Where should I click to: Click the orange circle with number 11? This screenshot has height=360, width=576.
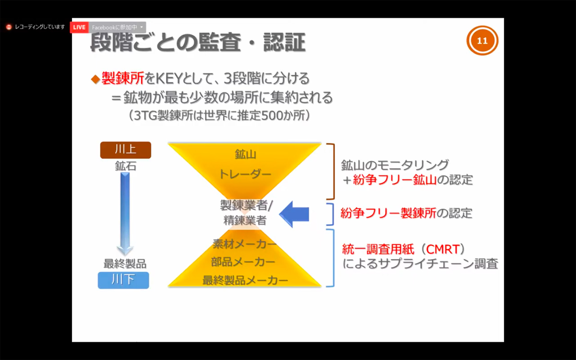[482, 40]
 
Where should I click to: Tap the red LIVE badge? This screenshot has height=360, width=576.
[79, 27]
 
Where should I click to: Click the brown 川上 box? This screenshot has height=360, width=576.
[125, 150]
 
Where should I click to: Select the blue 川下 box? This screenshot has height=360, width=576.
[123, 280]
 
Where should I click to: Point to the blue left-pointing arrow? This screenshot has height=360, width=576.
[294, 214]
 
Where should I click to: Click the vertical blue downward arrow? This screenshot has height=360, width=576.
[125, 214]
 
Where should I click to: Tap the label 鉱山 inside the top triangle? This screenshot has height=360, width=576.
[245, 154]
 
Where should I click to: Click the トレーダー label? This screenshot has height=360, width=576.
[245, 174]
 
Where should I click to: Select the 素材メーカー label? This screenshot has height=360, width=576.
[244, 244]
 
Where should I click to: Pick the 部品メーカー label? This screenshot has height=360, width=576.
[243, 262]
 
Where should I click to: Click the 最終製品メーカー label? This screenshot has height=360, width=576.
[245, 280]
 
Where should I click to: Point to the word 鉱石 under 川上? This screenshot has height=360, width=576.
[125, 166]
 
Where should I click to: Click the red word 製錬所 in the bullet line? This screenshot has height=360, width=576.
[123, 78]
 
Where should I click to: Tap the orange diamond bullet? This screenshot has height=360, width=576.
[96, 79]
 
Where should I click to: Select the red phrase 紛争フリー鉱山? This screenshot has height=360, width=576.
[395, 180]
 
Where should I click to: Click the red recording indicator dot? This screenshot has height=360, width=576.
[9, 27]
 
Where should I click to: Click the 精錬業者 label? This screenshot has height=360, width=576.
[245, 220]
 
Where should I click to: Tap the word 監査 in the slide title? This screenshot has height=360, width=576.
[220, 42]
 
